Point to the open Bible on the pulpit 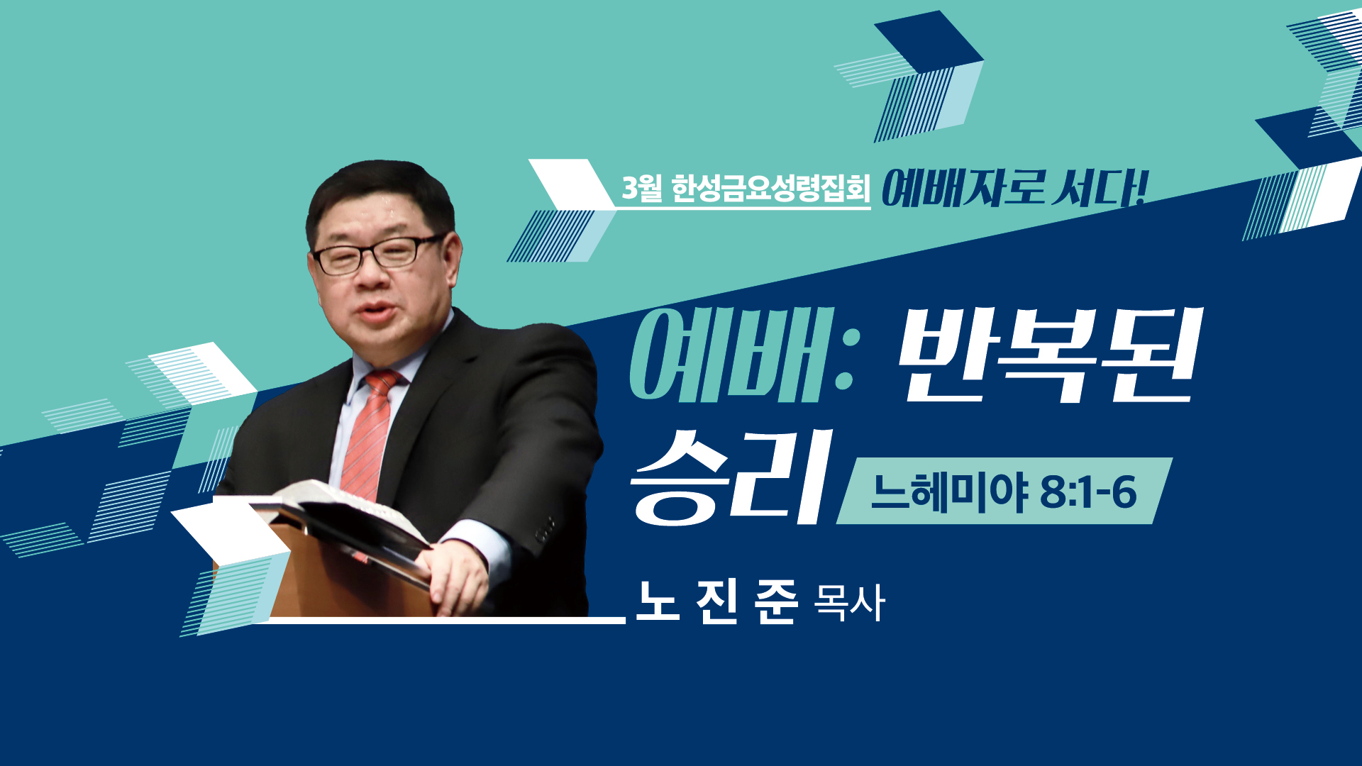(x=348, y=514)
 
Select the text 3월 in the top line (x=642, y=188)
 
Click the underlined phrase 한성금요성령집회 (x=770, y=189)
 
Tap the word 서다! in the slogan (x=1100, y=189)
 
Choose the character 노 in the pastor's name (x=658, y=601)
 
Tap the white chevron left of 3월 (x=572, y=184)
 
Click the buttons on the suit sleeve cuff (x=545, y=528)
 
